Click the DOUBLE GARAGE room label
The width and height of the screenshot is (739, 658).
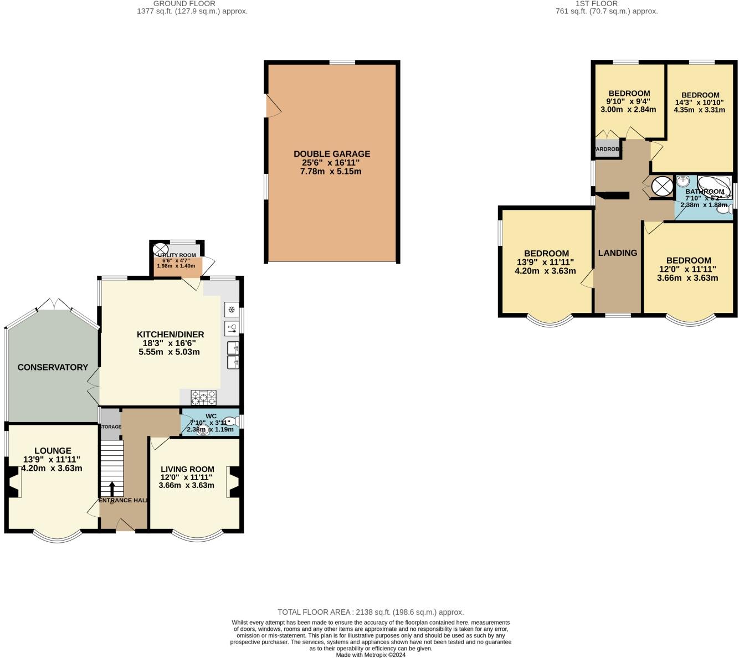332,154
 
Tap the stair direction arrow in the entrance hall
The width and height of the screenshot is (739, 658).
112,489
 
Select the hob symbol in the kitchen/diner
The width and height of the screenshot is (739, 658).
203,397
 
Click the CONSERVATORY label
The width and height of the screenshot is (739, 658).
53,367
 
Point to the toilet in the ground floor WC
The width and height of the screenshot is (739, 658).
233,421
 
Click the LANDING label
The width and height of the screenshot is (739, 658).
617,253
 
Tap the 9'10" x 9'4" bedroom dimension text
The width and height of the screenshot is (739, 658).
628,105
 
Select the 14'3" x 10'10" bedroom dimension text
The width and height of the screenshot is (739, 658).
700,106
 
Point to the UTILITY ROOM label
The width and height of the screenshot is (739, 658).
177,255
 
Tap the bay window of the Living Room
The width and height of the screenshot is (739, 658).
197,536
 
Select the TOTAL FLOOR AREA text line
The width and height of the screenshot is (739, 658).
371,612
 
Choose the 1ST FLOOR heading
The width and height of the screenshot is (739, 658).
606,4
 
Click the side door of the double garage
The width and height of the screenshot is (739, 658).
273,106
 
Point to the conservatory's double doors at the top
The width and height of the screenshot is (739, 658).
54,304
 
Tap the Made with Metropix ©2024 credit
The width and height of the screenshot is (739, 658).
371,655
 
